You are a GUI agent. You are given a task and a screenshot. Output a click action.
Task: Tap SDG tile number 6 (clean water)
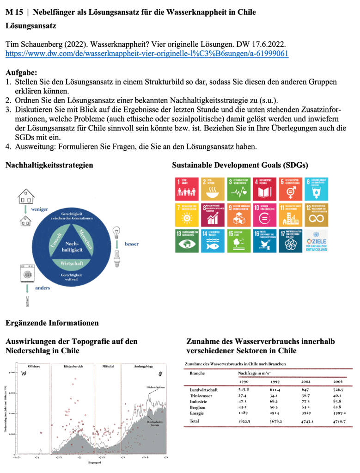[x=317, y=188]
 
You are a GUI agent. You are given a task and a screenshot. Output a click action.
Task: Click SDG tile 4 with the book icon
[x=265, y=188]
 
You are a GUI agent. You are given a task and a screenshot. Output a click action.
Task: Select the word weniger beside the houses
[x=39, y=209]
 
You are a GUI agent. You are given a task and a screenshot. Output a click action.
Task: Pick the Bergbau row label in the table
[x=198, y=407]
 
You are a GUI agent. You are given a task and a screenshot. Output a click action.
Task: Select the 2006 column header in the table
[x=338, y=381]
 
